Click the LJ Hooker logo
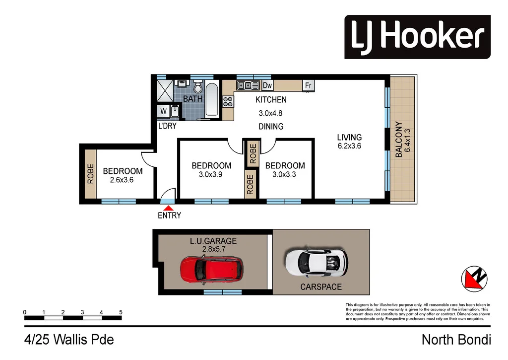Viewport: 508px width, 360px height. tap(417, 37)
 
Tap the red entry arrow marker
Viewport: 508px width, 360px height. tap(169, 209)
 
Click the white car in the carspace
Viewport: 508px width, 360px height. tap(316, 262)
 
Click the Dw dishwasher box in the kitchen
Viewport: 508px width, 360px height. tap(267, 86)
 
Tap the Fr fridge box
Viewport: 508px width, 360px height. tap(308, 86)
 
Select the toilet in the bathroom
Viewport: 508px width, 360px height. tap(198, 88)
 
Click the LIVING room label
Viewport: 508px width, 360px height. tap(350, 138)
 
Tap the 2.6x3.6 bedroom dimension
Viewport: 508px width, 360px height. tap(122, 180)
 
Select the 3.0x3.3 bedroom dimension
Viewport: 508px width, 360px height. tap(285, 174)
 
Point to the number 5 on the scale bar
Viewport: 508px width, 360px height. tap(121, 312)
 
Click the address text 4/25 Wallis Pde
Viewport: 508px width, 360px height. tap(69, 340)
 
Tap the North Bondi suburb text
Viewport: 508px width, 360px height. tap(456, 340)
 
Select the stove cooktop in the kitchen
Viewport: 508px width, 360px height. tap(228, 102)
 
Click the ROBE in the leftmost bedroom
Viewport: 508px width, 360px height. tap(90, 174)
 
